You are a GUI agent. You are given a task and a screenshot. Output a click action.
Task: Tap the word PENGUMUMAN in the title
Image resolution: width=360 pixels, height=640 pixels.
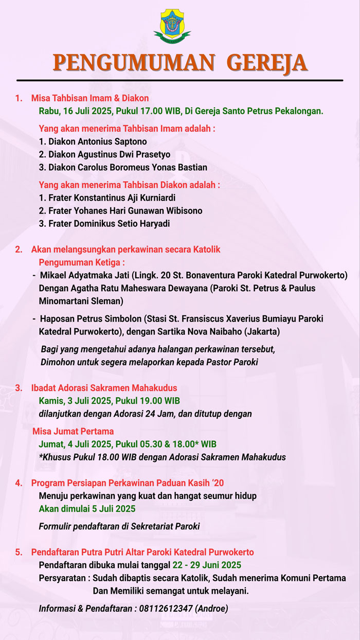click(134, 62)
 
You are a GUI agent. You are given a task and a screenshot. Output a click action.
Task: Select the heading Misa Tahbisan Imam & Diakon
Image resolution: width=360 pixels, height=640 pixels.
click(90, 98)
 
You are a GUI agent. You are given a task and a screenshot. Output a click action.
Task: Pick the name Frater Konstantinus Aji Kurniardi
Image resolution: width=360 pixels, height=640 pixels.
click(111, 198)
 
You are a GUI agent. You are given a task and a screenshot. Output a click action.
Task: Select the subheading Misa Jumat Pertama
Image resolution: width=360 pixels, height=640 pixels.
click(73, 431)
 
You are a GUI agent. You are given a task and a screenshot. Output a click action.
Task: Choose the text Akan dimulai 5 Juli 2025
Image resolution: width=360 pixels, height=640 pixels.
click(87, 509)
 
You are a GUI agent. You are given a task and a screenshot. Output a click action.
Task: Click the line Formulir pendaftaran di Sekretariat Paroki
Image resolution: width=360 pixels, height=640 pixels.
click(119, 526)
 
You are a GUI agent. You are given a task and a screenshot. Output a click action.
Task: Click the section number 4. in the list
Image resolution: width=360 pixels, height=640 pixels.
click(19, 483)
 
